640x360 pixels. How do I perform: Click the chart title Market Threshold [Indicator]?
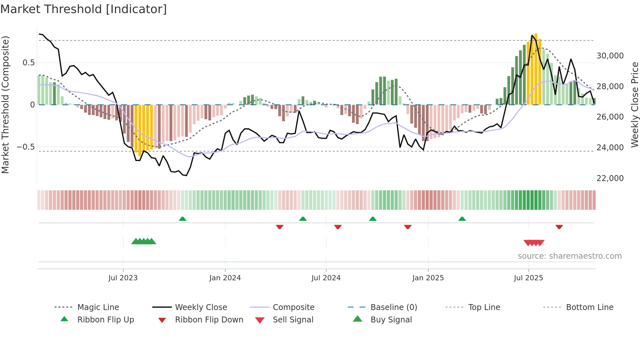tap(84, 9)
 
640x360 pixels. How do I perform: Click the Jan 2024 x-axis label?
tap(225, 278)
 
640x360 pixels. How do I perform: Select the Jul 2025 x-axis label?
tap(528, 278)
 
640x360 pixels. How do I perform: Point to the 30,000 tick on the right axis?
tap(610, 56)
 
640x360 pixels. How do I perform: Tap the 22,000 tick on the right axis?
tap(610, 178)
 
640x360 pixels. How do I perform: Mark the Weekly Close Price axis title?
tap(634, 105)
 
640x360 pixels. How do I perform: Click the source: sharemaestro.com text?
tap(569, 256)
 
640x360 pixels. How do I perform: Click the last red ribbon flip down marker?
tap(559, 227)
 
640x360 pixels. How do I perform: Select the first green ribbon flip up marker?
tap(183, 219)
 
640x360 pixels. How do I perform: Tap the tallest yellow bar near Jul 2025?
tap(536, 69)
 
